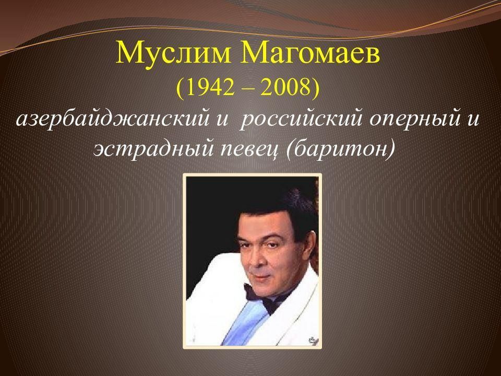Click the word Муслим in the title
(x=173, y=53)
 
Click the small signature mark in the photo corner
(x=313, y=340)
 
